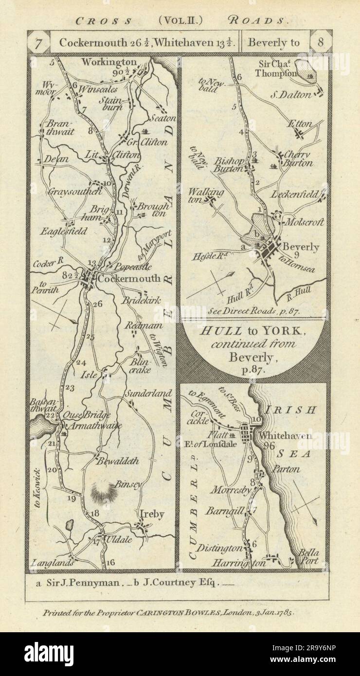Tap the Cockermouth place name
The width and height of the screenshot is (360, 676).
click(x=128, y=279)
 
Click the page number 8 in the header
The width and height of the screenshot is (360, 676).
click(x=321, y=43)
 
